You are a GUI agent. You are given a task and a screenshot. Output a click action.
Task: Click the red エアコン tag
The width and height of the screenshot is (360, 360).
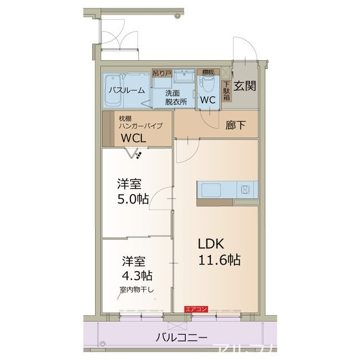point(197,309)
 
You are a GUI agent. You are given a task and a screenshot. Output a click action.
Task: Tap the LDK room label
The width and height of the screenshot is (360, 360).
point(211,244)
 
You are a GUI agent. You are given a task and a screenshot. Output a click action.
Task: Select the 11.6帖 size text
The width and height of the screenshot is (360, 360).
point(219,260)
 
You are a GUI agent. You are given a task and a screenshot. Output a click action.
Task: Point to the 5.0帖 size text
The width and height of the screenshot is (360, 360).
point(133,199)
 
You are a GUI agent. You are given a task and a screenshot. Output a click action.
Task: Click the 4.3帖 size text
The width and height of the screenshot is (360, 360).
point(138,276)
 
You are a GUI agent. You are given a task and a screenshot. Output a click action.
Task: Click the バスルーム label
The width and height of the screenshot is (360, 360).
point(127,90)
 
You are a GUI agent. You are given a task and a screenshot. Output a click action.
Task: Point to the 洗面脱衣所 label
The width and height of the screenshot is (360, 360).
point(175,98)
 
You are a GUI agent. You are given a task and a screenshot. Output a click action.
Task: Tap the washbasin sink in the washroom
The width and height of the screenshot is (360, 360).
point(183,77)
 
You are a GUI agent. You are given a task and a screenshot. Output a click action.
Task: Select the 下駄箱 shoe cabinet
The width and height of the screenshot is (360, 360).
point(227,90)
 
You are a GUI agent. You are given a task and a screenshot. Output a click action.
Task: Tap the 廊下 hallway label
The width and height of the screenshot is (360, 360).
point(235,125)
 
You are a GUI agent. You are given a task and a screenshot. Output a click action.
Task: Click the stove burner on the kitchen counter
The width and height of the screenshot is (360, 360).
point(245,189)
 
